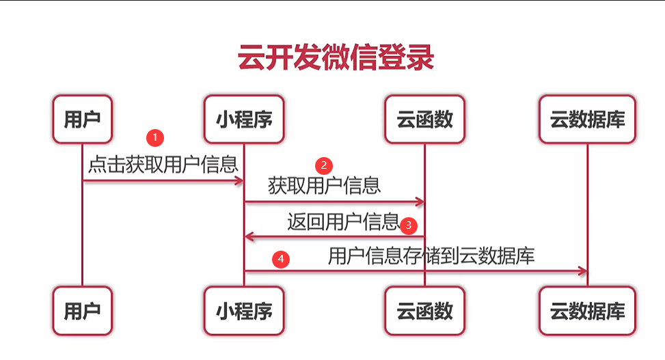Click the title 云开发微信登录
pos(336,59)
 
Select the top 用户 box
pos(82,120)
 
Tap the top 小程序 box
pos(244,120)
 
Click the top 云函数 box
pos(424,120)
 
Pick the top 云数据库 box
pos(587,120)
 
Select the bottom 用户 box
pos(82,311)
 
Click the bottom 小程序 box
pos(244,311)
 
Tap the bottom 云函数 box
pos(424,311)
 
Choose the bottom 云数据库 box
pos(587,311)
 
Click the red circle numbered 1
pos(157,137)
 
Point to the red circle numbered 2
pos(323,165)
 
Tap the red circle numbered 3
pos(408,224)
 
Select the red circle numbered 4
pos(280,259)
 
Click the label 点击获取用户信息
pos(163,164)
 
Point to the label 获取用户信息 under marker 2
pos(324,186)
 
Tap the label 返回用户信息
pos(342,221)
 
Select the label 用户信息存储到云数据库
pos(431,256)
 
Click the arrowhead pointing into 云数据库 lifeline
pos(582,272)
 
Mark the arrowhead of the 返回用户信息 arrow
pos(249,237)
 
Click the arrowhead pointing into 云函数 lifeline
pos(420,202)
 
